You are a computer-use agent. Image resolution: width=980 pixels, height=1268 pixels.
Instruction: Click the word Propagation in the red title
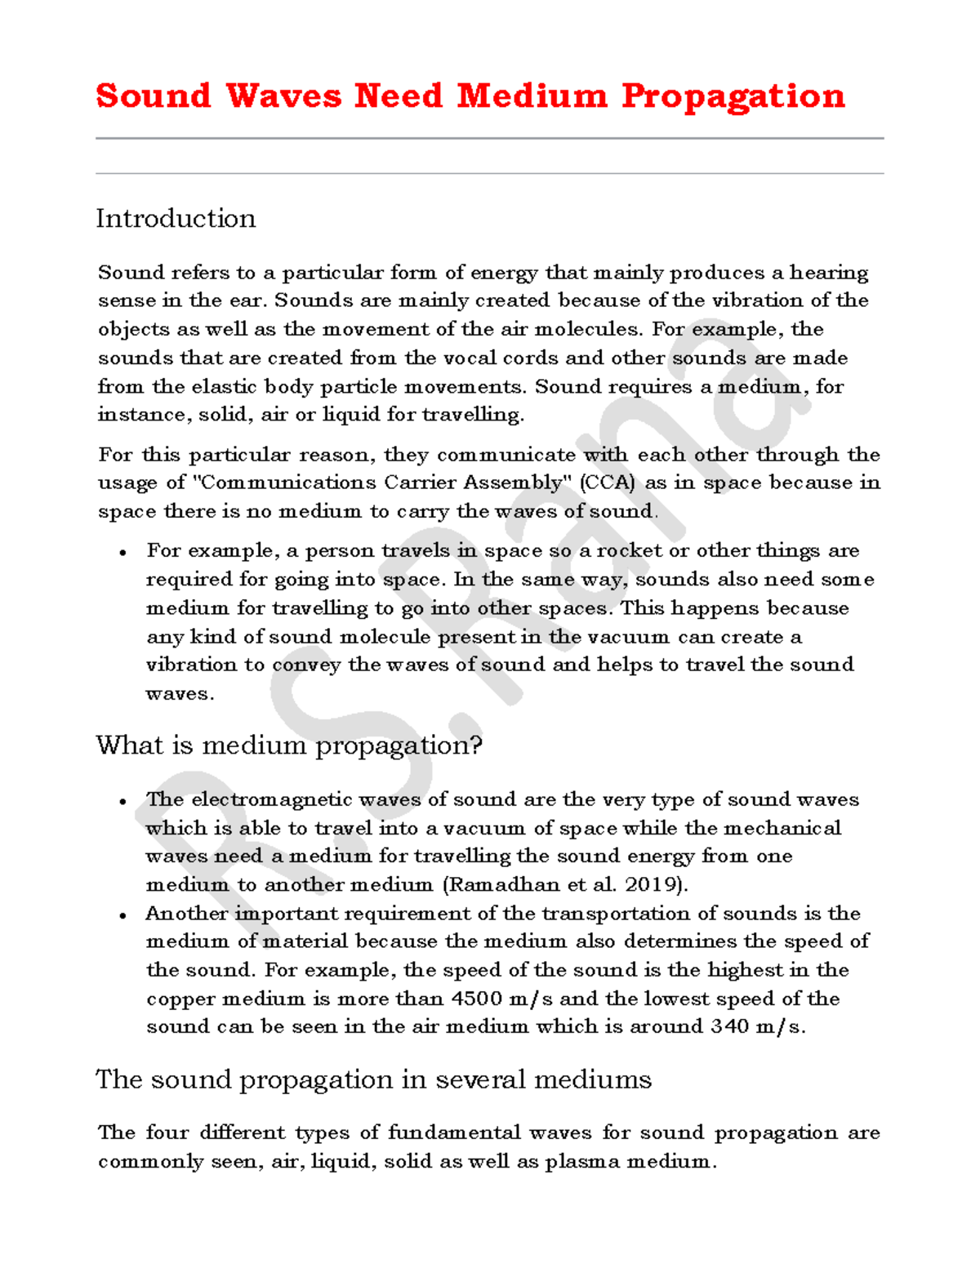pos(733,96)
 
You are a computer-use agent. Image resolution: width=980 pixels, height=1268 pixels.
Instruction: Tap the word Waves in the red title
pos(283,96)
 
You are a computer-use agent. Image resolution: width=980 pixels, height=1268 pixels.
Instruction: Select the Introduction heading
pos(176,219)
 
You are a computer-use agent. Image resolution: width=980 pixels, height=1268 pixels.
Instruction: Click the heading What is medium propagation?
pos(289,745)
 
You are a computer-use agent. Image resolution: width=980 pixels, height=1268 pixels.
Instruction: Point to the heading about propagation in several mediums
pos(373,1079)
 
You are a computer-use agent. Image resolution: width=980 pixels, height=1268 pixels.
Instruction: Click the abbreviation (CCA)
pos(607,483)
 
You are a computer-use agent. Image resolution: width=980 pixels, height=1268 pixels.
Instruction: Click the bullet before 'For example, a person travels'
pos(122,553)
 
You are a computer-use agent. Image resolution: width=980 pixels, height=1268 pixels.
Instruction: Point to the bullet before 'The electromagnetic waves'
pos(122,801)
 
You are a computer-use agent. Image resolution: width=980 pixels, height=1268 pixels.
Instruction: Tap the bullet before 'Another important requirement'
pos(122,915)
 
